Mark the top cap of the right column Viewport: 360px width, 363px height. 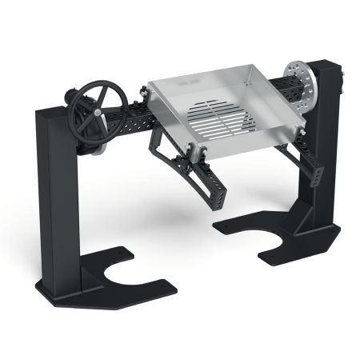[323, 62]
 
